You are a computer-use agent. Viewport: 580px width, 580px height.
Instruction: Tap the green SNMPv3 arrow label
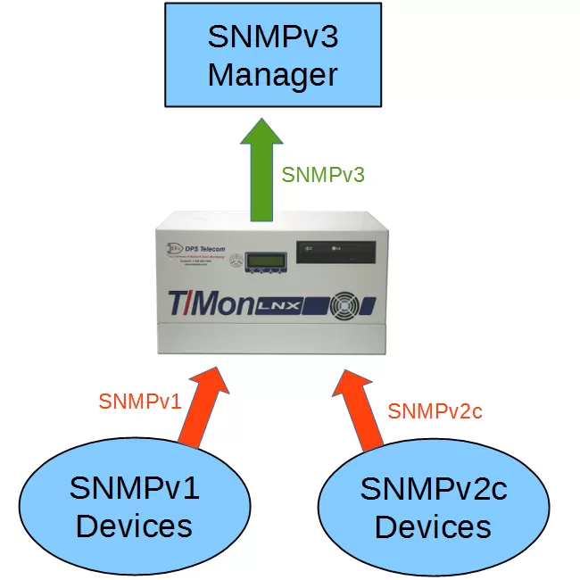323,175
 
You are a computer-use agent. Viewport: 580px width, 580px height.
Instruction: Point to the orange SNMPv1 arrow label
140,402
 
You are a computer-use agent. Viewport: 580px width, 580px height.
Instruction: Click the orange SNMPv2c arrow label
435,411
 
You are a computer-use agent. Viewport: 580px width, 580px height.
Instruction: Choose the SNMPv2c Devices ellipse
433,509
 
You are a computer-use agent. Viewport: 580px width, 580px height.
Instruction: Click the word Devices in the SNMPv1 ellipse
134,526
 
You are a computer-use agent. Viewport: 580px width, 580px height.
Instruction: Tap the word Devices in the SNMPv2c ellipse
433,527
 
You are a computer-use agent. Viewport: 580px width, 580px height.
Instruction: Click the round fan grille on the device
343,305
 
